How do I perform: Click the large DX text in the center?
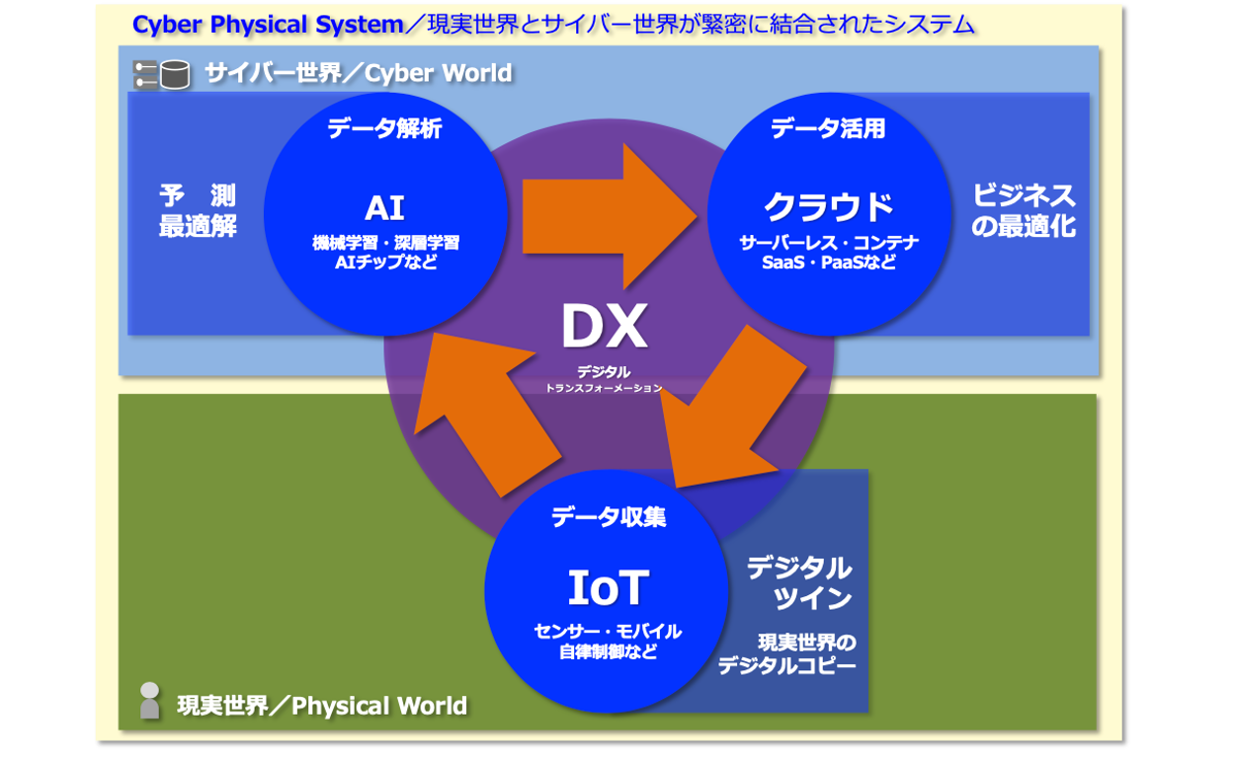coord(604,327)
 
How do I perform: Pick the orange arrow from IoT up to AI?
coord(484,405)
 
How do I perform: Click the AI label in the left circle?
coord(384,208)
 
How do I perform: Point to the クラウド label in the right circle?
coord(828,207)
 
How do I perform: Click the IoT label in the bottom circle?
coord(607,588)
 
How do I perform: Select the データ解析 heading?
coord(384,128)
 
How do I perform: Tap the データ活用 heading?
coord(828,128)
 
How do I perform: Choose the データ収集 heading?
coord(608,515)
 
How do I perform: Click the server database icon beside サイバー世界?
coord(161,75)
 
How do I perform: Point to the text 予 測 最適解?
coord(198,210)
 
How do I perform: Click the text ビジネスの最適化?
coord(1023,210)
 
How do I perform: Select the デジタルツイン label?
coord(798,582)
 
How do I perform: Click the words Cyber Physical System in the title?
coord(267,25)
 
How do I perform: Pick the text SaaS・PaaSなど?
coord(828,264)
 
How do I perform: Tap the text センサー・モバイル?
coord(607,632)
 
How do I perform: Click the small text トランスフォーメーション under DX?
coord(604,389)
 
